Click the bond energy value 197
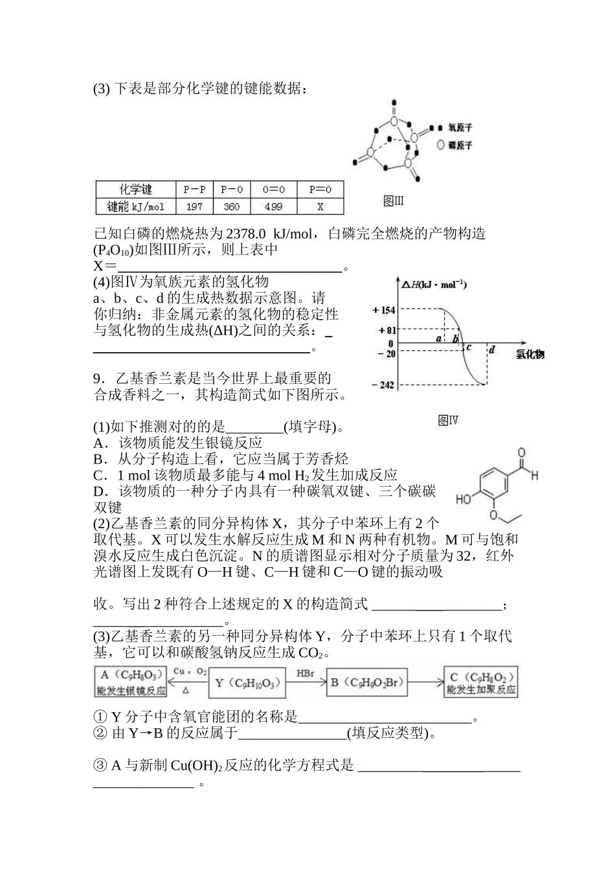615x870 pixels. (x=194, y=207)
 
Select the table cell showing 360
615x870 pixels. (x=231, y=207)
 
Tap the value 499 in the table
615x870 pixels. (x=273, y=207)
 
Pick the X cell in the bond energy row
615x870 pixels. (x=320, y=207)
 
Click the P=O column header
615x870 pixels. (x=320, y=190)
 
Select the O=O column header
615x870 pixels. (x=273, y=190)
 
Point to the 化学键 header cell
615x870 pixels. (x=135, y=190)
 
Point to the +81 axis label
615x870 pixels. (x=386, y=330)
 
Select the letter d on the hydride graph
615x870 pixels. (x=492, y=350)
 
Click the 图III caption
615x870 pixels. (x=393, y=201)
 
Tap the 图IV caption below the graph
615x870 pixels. (x=448, y=421)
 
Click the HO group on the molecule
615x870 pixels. (x=464, y=500)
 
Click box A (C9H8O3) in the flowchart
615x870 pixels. (x=131, y=683)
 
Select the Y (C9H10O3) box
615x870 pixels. (x=248, y=683)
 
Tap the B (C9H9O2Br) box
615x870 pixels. (x=368, y=683)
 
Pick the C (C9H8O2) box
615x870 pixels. (x=481, y=683)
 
